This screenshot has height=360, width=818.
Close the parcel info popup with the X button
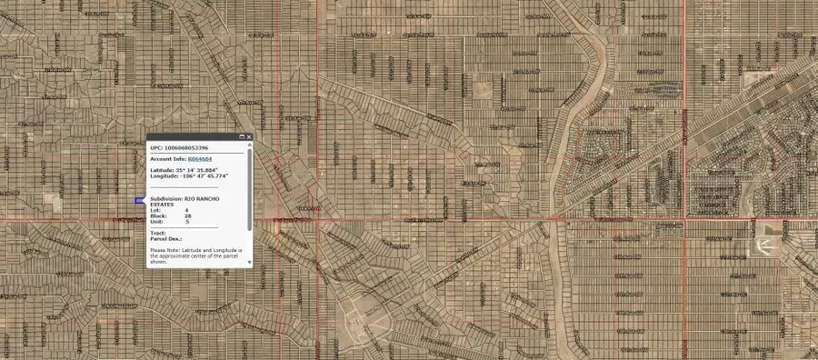click(x=249, y=137)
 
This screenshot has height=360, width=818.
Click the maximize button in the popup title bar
click(x=242, y=137)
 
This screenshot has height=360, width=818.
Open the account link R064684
click(x=213, y=159)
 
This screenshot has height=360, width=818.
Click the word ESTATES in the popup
click(x=162, y=205)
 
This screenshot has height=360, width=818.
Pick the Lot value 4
click(x=187, y=210)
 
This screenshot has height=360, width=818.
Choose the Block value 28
click(x=188, y=215)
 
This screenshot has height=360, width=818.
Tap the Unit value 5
click(x=187, y=221)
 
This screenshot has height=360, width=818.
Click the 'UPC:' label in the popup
click(x=155, y=147)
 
